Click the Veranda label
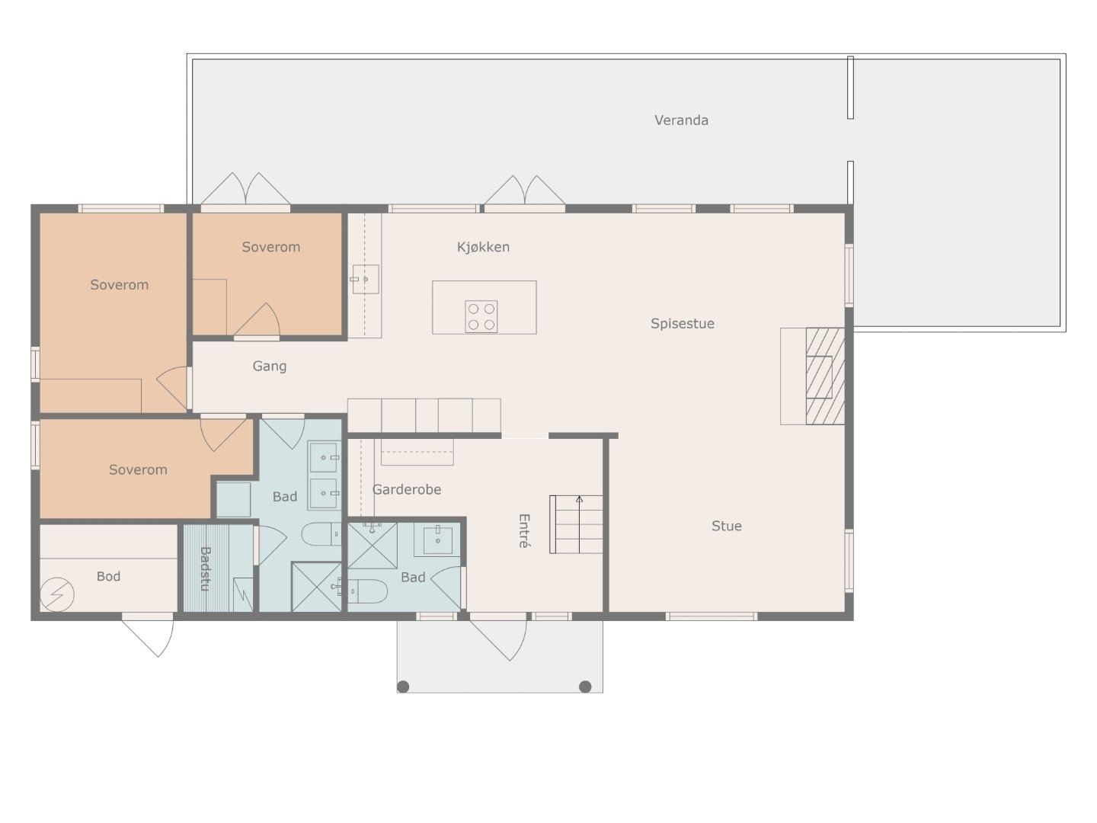[681, 120]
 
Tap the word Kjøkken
[483, 247]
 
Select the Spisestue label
[682, 324]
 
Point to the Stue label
[726, 526]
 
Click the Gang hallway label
[270, 367]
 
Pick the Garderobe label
[406, 489]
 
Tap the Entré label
[523, 530]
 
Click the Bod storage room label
[108, 577]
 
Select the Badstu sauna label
[205, 568]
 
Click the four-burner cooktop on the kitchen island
[481, 316]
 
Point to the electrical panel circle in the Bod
[57, 594]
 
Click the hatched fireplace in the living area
[825, 376]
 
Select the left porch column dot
[403, 687]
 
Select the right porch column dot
[585, 687]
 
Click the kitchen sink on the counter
[366, 280]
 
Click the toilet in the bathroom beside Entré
[367, 591]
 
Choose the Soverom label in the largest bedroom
[120, 285]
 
